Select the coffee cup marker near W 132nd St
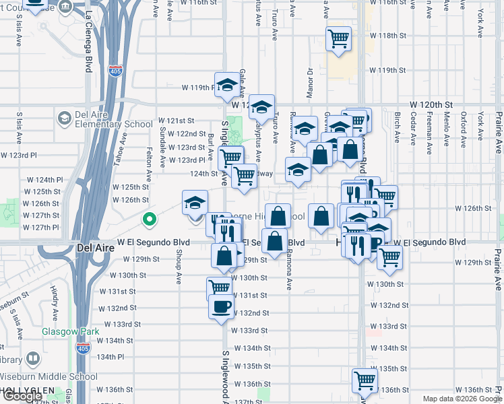click(x=221, y=307)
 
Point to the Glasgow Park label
click(x=70, y=331)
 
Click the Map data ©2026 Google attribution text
click(x=462, y=399)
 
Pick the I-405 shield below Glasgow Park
click(x=82, y=348)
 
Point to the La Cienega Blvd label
click(x=88, y=40)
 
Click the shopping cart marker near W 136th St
click(x=365, y=380)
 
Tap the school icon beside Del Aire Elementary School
click(x=64, y=119)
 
